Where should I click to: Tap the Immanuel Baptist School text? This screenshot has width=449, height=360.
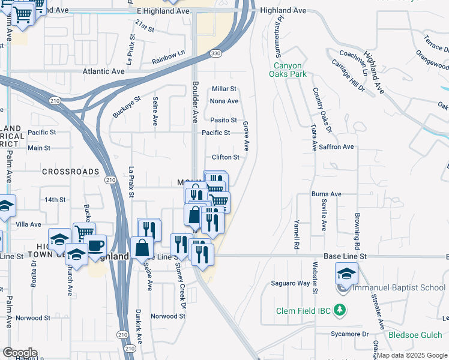point(399,288)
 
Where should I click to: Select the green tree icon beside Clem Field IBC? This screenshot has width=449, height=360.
point(340,310)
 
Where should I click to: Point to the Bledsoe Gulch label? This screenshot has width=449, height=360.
point(415,335)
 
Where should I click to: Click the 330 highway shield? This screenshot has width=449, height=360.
point(215,54)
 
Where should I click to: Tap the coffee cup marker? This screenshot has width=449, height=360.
point(95,246)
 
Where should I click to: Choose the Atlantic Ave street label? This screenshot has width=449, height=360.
point(103,71)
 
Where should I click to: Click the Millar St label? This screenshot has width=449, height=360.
point(224,89)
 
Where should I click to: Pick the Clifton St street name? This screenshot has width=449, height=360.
point(225,157)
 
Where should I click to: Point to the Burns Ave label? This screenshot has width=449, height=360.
point(326,194)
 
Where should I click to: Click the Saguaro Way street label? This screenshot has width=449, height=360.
point(290,283)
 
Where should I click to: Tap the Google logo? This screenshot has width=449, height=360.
point(20,353)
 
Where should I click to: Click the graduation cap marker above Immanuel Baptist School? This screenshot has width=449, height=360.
point(346,273)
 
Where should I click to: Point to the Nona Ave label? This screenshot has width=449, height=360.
point(224,101)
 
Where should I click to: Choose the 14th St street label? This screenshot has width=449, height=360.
point(54,199)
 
